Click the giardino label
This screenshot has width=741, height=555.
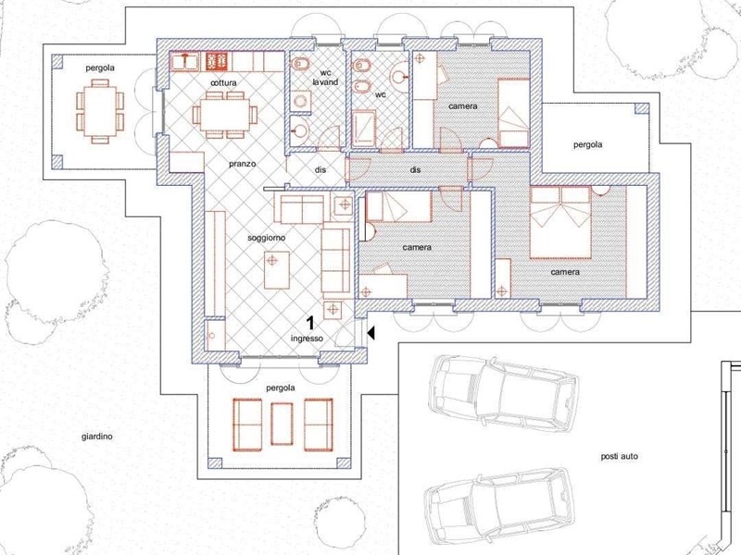coord(96,436)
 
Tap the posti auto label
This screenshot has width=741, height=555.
coord(619,456)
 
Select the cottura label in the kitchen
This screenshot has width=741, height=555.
coord(223,83)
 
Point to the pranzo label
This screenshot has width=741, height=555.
coord(243,164)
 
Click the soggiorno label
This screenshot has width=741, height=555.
coord(266,238)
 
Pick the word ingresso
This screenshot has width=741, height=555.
coord(307,339)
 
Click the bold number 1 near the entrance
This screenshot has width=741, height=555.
coord(311,323)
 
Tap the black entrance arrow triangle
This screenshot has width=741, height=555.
coord(370,332)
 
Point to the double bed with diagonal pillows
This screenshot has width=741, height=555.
coord(560,222)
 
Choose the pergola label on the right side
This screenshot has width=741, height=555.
coord(587,144)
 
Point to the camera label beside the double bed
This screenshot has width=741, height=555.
coord(565,272)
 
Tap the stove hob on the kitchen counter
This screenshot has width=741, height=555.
coord(217,61)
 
